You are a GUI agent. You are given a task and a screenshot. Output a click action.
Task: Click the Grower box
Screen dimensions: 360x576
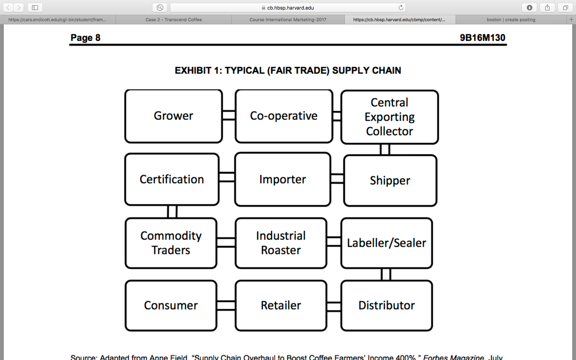(174, 116)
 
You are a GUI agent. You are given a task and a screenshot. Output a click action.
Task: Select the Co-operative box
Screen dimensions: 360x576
(284, 116)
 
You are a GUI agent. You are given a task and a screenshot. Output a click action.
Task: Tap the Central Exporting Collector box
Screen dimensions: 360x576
(390, 117)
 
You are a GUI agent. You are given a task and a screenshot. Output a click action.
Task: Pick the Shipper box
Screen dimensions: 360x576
(390, 180)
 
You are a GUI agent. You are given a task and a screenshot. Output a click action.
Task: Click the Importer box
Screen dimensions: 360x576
(283, 179)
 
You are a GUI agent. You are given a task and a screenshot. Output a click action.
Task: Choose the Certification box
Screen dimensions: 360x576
(172, 179)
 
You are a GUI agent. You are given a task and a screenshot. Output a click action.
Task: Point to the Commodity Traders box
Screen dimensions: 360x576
(171, 243)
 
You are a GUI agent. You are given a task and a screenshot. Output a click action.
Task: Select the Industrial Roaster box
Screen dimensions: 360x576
(281, 243)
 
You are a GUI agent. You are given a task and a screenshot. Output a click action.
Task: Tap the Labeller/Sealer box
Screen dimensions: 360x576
(386, 243)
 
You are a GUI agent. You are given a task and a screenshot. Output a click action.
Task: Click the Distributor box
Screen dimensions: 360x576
(386, 305)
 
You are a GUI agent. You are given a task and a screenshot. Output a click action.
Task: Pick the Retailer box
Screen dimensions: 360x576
(281, 305)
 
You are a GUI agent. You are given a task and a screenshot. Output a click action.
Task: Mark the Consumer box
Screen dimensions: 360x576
(171, 305)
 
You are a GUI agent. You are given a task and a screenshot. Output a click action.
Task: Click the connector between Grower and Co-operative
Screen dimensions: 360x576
(229, 116)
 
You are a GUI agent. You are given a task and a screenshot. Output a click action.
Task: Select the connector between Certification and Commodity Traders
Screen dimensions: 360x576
(172, 212)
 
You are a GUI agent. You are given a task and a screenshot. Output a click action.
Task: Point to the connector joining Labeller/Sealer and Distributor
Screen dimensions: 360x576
(386, 274)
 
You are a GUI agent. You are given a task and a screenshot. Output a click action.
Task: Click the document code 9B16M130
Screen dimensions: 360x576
(482, 38)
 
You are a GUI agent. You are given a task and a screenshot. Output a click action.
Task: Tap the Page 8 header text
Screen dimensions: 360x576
(85, 38)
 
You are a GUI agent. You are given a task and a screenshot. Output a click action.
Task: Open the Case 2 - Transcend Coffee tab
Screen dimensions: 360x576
(174, 20)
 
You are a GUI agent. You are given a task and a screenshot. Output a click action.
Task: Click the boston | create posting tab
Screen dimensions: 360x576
(511, 20)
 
